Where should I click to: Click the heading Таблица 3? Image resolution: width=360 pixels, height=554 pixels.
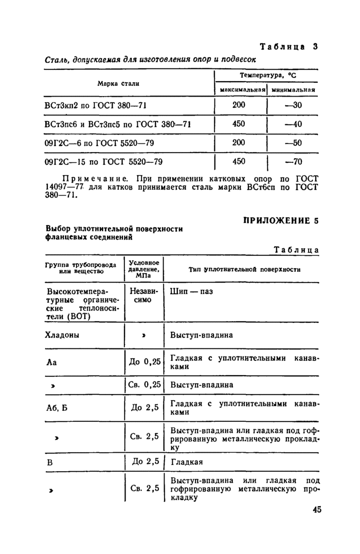tap(289, 46)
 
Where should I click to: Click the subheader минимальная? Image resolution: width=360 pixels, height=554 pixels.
tap(293, 90)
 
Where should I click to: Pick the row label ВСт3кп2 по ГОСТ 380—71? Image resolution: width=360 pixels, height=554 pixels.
tap(96, 105)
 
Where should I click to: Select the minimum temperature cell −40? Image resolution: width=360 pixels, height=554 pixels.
tap(293, 124)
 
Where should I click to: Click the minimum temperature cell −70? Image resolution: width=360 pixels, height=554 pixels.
tap(293, 162)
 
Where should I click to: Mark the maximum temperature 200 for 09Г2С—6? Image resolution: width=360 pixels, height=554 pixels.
tap(239, 142)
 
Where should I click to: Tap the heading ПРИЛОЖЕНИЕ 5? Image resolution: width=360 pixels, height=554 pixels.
tap(280, 221)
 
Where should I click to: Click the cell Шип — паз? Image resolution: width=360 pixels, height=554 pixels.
tap(191, 291)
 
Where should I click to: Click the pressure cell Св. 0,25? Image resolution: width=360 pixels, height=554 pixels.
tap(145, 384)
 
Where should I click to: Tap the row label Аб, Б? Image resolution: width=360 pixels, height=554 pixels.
tap(57, 408)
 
